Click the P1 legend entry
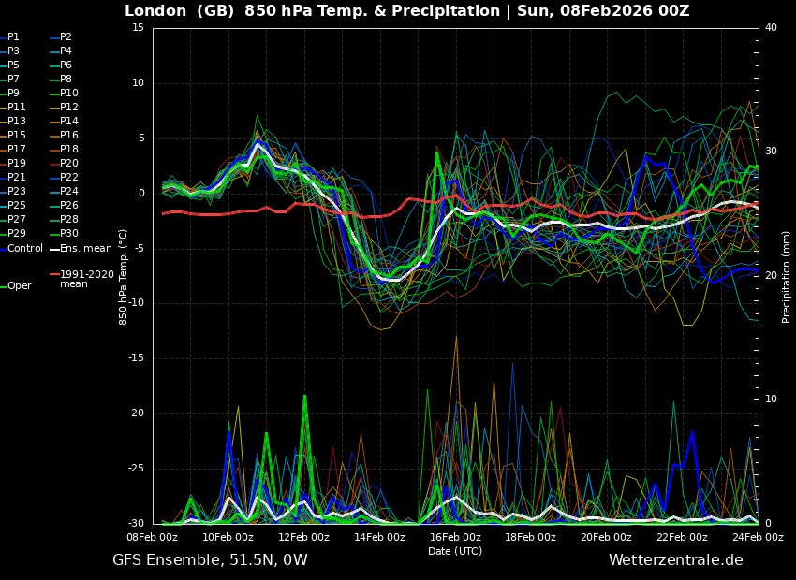(x=13, y=36)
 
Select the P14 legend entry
(x=69, y=121)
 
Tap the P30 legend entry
(x=69, y=233)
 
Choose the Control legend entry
(x=25, y=248)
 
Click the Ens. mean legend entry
(x=85, y=248)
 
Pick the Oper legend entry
(x=20, y=285)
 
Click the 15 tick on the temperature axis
(x=138, y=28)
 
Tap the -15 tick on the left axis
(x=135, y=358)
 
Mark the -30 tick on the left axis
(x=135, y=523)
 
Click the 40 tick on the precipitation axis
(x=772, y=28)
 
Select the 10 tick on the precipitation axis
(x=772, y=399)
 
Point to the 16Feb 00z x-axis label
(x=455, y=537)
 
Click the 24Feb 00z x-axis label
(x=758, y=537)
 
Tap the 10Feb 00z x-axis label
(x=228, y=537)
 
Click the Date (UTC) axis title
(x=455, y=551)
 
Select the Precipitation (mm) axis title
(x=787, y=276)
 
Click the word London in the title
(x=155, y=11)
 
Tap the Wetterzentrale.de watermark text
(x=675, y=560)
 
